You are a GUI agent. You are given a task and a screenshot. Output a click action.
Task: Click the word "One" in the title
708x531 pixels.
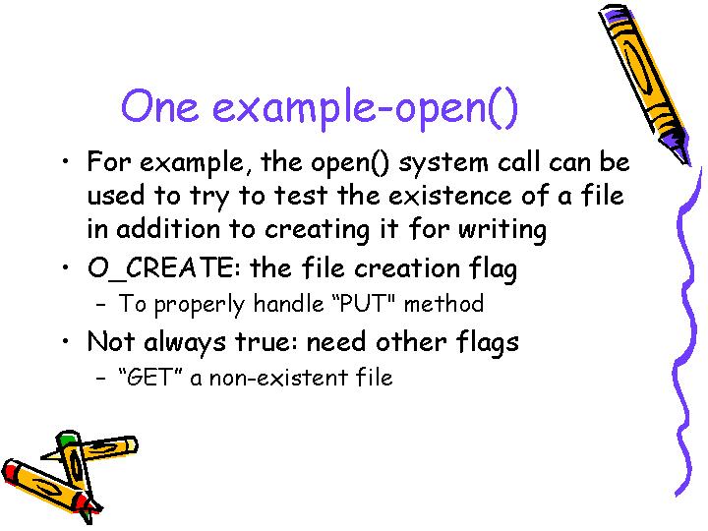(160, 106)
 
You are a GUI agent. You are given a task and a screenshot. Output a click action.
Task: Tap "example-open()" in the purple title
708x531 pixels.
(365, 109)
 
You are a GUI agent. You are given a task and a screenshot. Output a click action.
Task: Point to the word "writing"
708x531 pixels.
(502, 230)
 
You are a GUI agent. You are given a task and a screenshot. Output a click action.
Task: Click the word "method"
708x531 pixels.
(443, 304)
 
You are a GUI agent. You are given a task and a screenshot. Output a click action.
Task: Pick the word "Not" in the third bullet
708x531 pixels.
(111, 341)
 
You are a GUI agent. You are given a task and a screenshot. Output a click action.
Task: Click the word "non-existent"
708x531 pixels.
(278, 378)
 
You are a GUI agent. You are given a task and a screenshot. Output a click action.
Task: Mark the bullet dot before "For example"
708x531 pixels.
(66, 161)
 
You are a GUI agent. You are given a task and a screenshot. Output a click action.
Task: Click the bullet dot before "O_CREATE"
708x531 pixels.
(66, 267)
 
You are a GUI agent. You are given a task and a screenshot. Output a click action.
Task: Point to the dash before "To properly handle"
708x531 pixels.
(100, 304)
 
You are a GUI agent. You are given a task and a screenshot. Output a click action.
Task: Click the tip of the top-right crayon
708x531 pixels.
(688, 165)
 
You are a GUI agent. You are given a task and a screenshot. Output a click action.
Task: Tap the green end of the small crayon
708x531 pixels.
(67, 437)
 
